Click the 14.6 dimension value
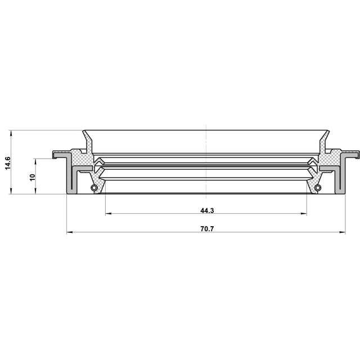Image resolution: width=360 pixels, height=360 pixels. [8, 163]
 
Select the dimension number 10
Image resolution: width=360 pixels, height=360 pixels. [33, 177]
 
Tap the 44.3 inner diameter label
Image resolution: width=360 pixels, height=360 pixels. [207, 210]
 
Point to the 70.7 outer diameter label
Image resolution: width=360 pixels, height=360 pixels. [207, 229]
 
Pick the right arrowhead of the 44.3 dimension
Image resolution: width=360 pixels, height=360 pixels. [304, 214]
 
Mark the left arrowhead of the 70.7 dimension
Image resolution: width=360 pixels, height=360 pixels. [70, 232]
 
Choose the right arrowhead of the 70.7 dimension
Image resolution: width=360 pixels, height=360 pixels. [342, 232]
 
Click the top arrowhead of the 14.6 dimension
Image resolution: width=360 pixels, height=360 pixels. [11, 133]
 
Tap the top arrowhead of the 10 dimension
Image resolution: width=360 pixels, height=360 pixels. [35, 161]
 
